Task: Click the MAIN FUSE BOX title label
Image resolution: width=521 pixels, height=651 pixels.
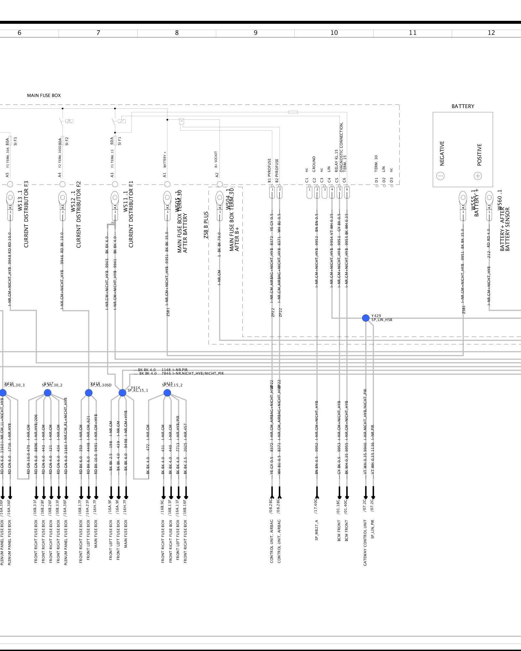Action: (44, 95)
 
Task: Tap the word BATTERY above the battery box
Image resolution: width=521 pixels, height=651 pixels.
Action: (463, 106)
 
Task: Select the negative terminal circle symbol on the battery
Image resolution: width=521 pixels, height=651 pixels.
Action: (441, 176)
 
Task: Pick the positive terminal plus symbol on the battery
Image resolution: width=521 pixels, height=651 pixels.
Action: (478, 176)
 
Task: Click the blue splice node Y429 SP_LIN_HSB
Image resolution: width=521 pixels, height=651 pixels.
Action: (366, 318)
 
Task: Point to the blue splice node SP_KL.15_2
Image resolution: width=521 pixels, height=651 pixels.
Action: (167, 393)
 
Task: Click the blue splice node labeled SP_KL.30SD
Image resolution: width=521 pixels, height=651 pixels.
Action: (89, 393)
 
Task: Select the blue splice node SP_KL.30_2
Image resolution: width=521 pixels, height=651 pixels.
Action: (48, 393)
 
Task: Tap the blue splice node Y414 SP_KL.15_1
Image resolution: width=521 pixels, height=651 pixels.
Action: (122, 393)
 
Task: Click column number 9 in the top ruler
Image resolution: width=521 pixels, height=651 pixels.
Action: (256, 33)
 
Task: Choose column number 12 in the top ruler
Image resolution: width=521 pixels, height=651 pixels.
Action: (491, 33)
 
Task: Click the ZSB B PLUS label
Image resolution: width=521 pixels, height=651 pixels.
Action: (206, 225)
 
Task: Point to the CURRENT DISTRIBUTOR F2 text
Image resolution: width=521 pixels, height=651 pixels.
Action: (78, 215)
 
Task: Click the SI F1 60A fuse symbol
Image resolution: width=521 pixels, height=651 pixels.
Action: (115, 141)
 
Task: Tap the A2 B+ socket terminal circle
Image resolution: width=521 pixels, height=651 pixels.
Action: (220, 184)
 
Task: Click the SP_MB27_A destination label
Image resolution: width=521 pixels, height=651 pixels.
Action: (317, 530)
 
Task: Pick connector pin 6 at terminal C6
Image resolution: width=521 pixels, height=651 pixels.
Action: (347, 189)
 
